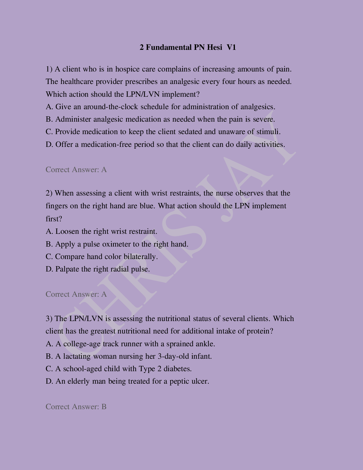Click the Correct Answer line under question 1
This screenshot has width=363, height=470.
[x=76, y=170]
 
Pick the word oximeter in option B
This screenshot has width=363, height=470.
[x=116, y=244]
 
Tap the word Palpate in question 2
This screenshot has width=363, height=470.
[x=67, y=269]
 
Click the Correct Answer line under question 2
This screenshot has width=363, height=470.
[x=76, y=294]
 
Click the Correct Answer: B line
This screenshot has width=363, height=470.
[x=76, y=407]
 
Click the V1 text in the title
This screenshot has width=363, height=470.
[x=231, y=47]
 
